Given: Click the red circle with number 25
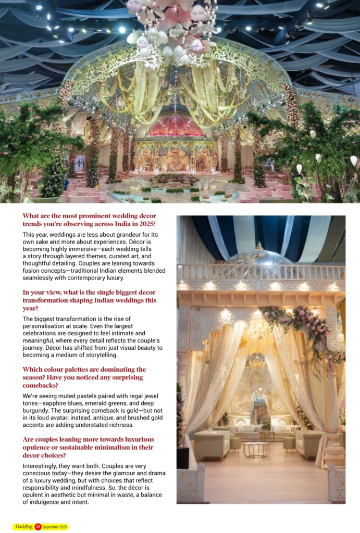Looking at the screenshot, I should coord(38,527).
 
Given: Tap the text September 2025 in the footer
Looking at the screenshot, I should coord(55,527).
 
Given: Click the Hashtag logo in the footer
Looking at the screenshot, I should coord(23,527).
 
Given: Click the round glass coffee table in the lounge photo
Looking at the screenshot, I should coord(256,449).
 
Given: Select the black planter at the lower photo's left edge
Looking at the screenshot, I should coord(182,458).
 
